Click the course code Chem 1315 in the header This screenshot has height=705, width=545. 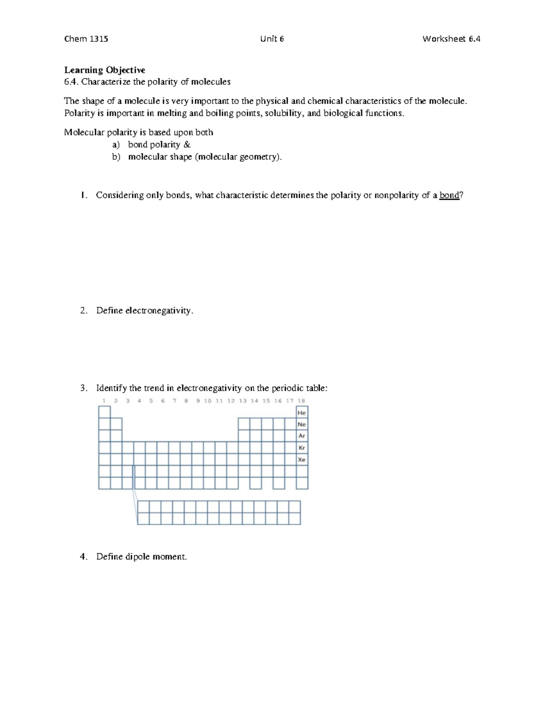click(86, 39)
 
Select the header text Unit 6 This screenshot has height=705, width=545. click(272, 39)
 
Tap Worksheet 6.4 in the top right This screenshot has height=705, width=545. click(451, 39)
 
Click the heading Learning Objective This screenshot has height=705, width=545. click(104, 70)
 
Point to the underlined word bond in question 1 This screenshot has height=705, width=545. click(449, 195)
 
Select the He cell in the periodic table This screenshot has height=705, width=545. click(302, 413)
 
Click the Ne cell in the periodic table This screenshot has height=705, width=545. click(302, 424)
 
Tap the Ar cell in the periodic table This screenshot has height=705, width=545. click(302, 436)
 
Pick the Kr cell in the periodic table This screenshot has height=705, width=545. click(302, 448)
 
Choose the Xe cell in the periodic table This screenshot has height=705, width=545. click(302, 459)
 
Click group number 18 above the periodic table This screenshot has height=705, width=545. click(301, 401)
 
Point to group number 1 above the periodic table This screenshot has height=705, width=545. click(104, 401)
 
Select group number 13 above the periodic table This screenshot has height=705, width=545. click(243, 401)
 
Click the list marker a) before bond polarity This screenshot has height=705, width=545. click(116, 145)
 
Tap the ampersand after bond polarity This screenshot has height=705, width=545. click(187, 145)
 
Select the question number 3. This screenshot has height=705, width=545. click(83, 388)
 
